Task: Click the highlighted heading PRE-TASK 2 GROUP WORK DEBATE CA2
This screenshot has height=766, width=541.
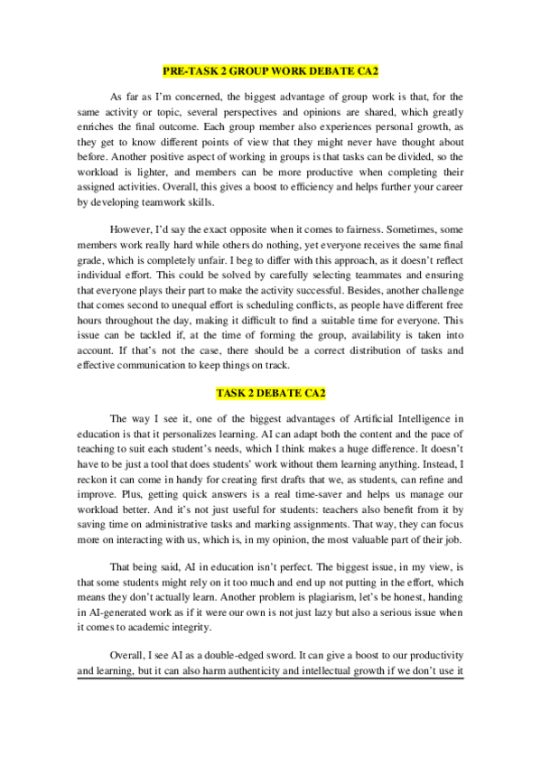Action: click(270, 70)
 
